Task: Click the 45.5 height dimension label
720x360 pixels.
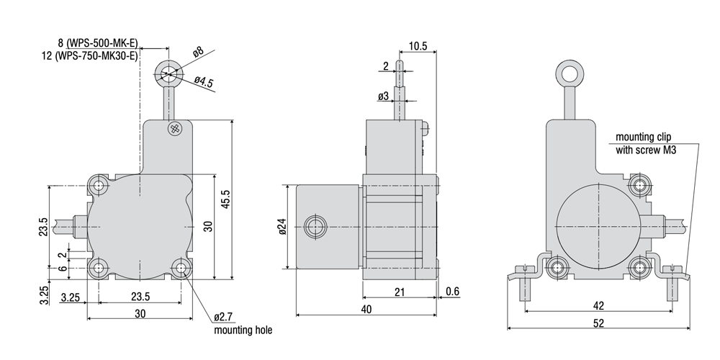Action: [x=225, y=199]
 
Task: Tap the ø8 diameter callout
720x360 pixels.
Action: [x=199, y=51]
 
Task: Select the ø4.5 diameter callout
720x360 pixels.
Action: [x=204, y=82]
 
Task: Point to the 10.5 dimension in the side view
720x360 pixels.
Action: [x=418, y=46]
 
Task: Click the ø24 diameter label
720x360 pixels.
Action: [x=282, y=226]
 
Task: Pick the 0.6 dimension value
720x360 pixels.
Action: [x=452, y=291]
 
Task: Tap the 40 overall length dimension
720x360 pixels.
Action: [x=366, y=309]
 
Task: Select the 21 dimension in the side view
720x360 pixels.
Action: [x=400, y=292]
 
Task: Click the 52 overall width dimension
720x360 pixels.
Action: [x=598, y=323]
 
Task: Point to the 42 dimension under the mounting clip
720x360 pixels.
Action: [x=598, y=305]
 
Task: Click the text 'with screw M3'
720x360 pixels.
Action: [x=646, y=150]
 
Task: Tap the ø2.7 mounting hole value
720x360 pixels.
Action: [x=224, y=317]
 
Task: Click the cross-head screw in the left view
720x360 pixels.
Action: [x=174, y=129]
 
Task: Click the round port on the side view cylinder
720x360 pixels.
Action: [x=315, y=227]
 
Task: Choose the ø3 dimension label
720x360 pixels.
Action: [x=384, y=96]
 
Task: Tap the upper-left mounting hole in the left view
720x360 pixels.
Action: [x=98, y=186]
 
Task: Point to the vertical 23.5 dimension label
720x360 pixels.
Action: [x=42, y=226]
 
